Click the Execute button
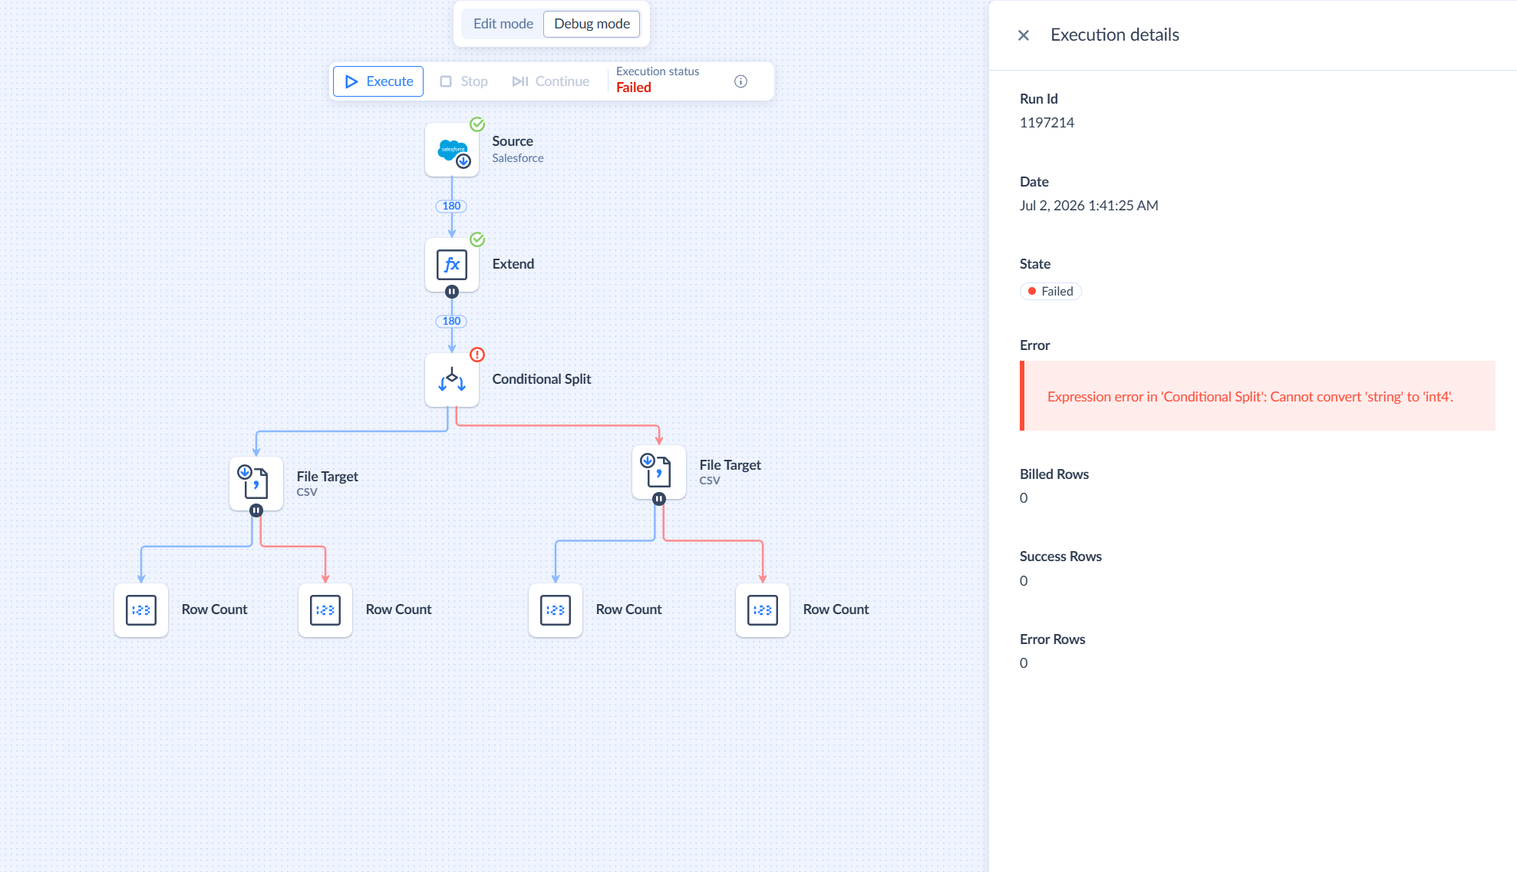[378, 81]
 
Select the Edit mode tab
[503, 24]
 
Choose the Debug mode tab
[592, 24]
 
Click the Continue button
[551, 81]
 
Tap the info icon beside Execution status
[740, 81]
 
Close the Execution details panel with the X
[1023, 35]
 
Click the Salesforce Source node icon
[452, 150]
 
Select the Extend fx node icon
[452, 265]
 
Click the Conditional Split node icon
[452, 380]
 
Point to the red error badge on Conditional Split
[477, 355]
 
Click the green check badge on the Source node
[477, 124]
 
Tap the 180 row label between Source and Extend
[451, 206]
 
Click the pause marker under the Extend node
[452, 292]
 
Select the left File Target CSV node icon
[256, 484]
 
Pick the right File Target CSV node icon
[659, 472]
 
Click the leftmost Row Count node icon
[141, 610]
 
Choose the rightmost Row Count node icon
[763, 610]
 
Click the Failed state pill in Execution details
[1050, 292]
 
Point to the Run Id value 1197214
[1047, 123]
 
